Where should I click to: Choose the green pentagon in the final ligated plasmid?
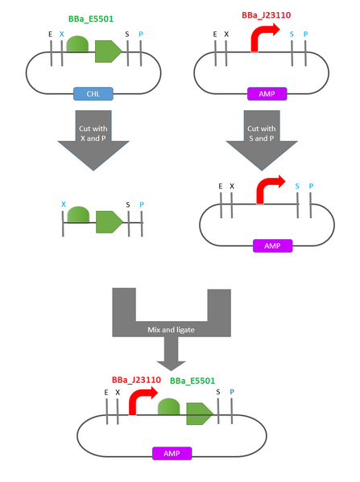[200, 413]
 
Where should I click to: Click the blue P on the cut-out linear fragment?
[141, 204]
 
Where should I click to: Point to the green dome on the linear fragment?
[78, 216]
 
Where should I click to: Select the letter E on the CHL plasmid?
[50, 35]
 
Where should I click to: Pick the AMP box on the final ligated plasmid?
[172, 454]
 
